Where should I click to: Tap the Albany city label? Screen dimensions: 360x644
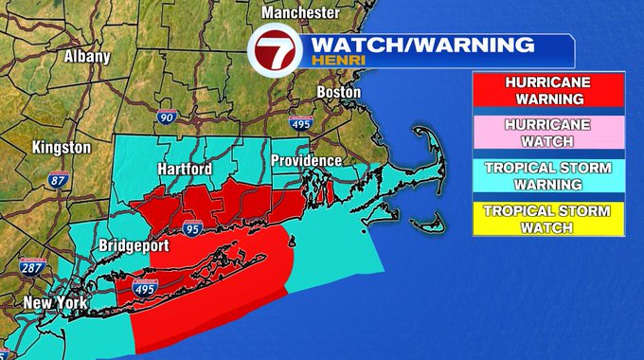point(86,56)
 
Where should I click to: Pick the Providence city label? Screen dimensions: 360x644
point(305,161)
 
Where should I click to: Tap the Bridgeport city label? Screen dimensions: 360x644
point(134,245)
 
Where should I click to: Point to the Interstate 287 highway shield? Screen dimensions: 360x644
point(30,267)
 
